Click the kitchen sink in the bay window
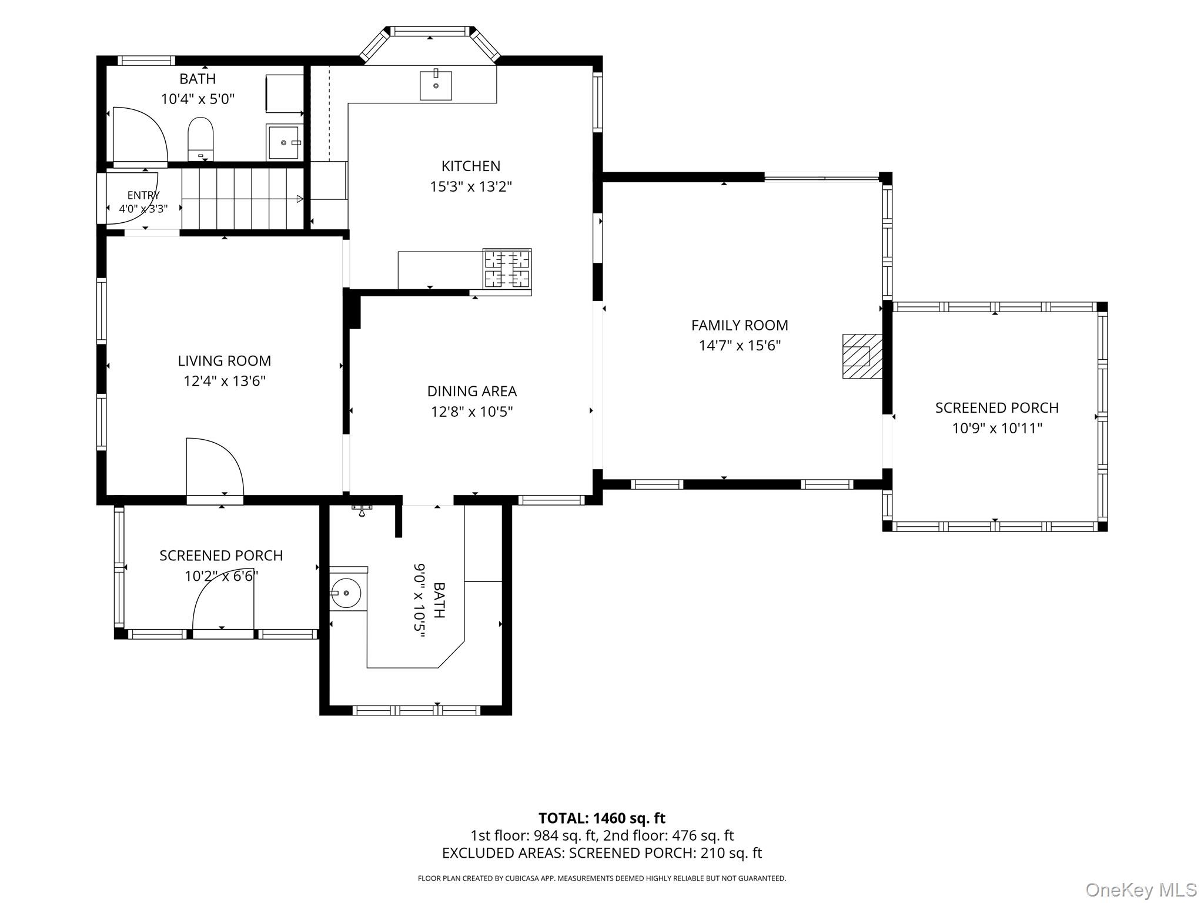436,85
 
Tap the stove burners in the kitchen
507,269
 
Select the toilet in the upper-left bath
200,139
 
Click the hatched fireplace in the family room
862,356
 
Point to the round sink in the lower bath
346,593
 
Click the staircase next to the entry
242,199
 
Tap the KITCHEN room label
471,166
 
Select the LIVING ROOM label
225,361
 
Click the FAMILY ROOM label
740,325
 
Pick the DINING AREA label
472,391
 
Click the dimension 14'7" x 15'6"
740,345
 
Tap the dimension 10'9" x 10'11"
997,428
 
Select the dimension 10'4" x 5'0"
198,99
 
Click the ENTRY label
143,195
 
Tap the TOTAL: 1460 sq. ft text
602,818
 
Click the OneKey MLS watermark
1141,889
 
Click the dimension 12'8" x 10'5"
472,412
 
